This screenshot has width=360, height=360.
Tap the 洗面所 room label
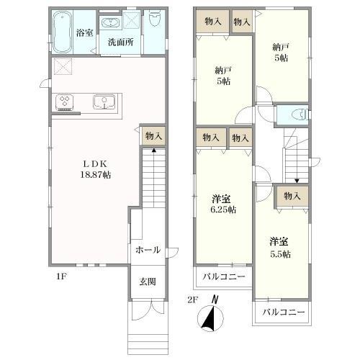pyautogui.click(x=120, y=42)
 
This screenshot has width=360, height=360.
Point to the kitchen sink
pyautogui.click(x=105, y=102)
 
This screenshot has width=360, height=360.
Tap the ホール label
pyautogui.click(x=147, y=249)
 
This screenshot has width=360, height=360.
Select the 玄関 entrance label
pyautogui.click(x=147, y=282)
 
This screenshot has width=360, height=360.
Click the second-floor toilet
pyautogui.click(x=300, y=114)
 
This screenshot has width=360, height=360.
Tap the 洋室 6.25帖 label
pyautogui.click(x=223, y=204)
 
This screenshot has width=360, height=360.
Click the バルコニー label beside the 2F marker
pyautogui.click(x=223, y=276)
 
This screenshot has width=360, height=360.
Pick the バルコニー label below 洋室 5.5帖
pyautogui.click(x=283, y=312)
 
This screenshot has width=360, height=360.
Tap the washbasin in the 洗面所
pyautogui.click(x=111, y=22)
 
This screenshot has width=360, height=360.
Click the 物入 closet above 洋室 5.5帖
pyautogui.click(x=292, y=196)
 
